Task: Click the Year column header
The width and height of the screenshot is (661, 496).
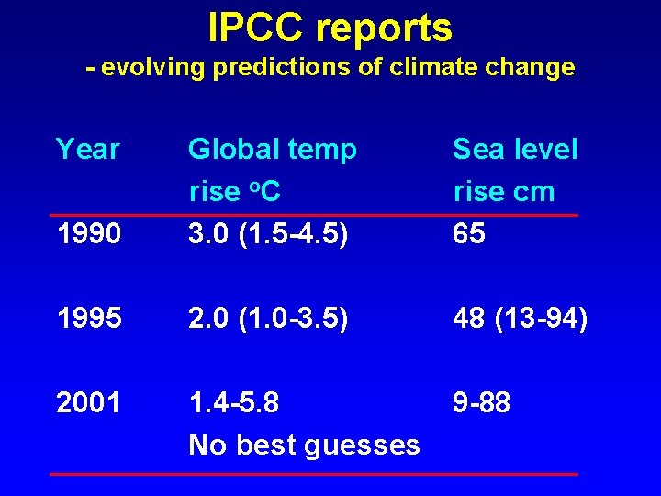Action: pyautogui.click(x=88, y=149)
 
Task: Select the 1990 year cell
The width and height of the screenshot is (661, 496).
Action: pyautogui.click(x=88, y=234)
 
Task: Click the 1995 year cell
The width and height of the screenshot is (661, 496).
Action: pyautogui.click(x=88, y=318)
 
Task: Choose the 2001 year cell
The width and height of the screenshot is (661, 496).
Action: pyautogui.click(x=88, y=401)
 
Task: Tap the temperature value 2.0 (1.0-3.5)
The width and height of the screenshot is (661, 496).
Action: pyautogui.click(x=268, y=318)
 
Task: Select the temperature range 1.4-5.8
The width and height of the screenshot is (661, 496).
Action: pyautogui.click(x=234, y=401)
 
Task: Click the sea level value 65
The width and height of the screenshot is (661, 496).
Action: pyautogui.click(x=469, y=234)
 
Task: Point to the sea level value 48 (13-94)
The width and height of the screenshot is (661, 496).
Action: pyautogui.click(x=521, y=318)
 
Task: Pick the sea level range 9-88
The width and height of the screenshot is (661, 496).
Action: pyautogui.click(x=482, y=401)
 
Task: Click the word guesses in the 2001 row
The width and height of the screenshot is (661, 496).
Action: pyautogui.click(x=365, y=445)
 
